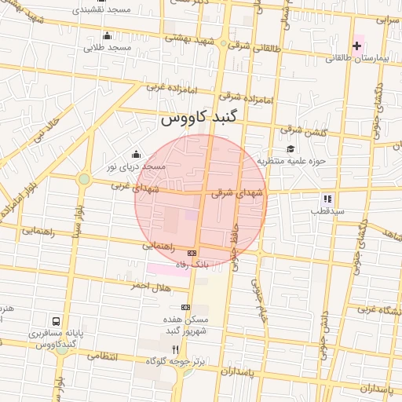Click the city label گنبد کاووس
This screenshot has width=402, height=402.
click(x=203, y=119)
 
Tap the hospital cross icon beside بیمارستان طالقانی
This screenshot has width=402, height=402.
click(x=357, y=46)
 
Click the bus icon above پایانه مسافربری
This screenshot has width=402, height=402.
click(x=56, y=321)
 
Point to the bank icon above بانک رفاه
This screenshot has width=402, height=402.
click(x=192, y=253)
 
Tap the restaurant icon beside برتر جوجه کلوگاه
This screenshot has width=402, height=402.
click(x=176, y=349)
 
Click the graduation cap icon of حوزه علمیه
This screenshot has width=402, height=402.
click(x=290, y=149)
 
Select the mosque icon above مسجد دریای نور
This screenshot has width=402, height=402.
click(x=137, y=154)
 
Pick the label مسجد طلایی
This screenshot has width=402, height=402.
click(x=108, y=48)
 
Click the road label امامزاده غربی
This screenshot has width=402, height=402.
click(x=166, y=87)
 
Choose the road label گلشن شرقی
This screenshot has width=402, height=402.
click(x=279, y=130)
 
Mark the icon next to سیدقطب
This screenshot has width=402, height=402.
click(x=327, y=199)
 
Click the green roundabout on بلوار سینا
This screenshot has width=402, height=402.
click(x=83, y=179)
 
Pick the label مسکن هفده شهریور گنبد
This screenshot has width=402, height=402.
click(x=185, y=325)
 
